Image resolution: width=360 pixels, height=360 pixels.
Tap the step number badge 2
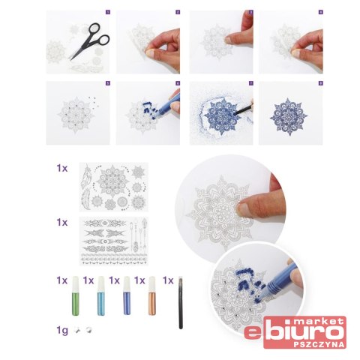178,12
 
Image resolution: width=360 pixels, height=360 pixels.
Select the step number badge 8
321,83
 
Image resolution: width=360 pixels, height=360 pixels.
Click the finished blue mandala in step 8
289,116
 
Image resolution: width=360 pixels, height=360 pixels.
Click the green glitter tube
75,295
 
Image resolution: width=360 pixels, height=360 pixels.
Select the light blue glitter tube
101,295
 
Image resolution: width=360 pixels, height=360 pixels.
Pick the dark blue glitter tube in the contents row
127,295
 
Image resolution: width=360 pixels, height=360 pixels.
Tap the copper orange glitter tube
152,295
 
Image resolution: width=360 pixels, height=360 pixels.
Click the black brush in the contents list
181,302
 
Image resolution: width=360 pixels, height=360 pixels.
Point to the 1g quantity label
62,331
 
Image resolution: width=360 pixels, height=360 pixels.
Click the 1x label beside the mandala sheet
62,168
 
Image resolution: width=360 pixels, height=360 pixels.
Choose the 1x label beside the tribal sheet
62,222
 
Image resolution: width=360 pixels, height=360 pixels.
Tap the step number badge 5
108,83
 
